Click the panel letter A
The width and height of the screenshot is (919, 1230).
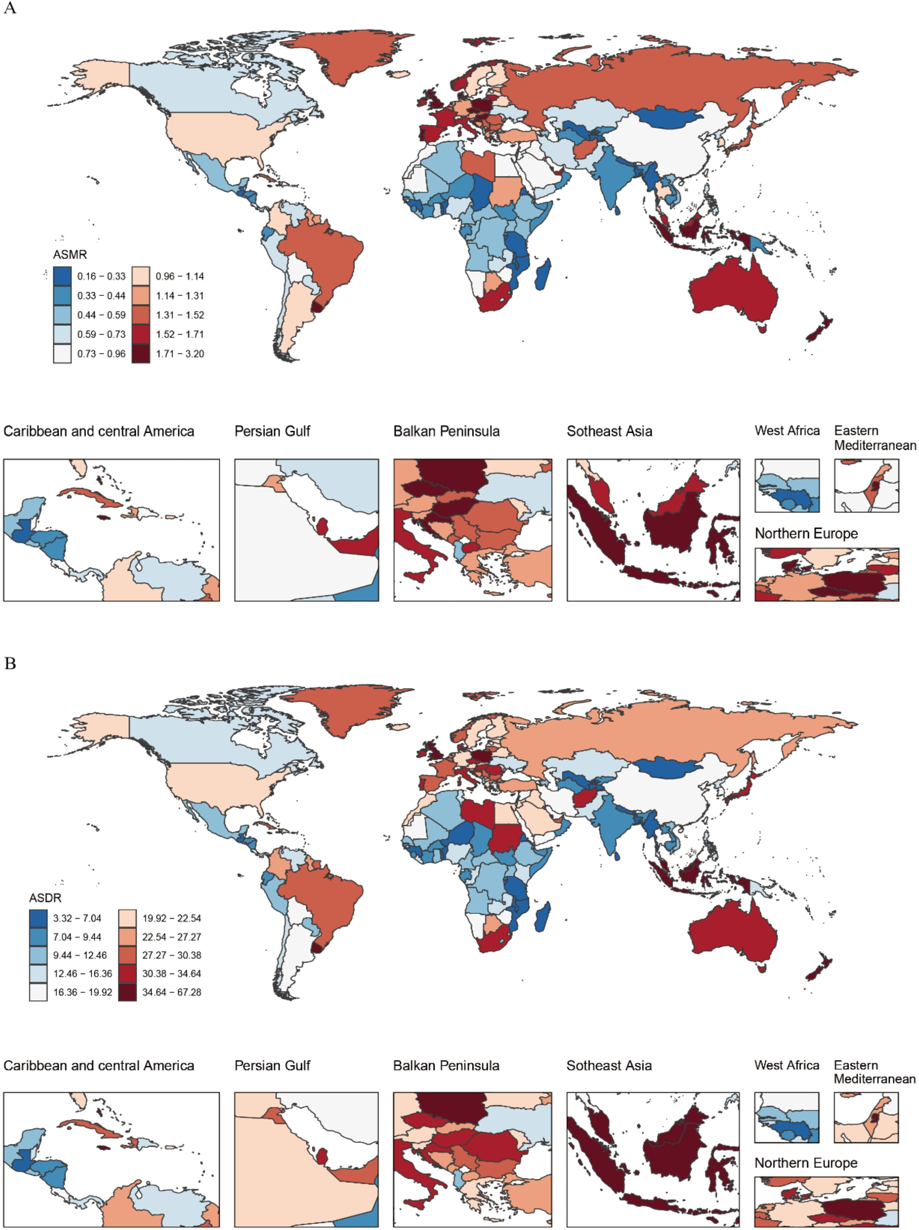(10, 8)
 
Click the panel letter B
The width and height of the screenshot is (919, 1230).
(10, 664)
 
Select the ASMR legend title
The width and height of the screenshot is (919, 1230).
(69, 255)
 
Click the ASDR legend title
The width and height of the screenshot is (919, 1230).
(45, 898)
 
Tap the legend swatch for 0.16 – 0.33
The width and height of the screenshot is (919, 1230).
(62, 276)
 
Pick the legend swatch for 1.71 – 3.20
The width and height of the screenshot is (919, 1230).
(141, 354)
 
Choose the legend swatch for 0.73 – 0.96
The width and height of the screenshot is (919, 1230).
(62, 354)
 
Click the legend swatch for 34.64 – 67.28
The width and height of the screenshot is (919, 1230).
(127, 992)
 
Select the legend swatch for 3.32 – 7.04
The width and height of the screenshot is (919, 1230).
(38, 918)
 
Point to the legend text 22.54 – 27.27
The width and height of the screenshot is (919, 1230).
(172, 937)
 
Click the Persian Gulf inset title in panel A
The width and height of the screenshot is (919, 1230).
(273, 431)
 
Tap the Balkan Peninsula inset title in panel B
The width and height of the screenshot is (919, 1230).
(446, 1065)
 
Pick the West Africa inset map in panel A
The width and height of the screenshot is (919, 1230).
(787, 485)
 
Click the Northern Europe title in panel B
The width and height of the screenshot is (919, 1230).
(806, 1163)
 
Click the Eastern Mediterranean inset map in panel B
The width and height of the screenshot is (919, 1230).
(866, 1118)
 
